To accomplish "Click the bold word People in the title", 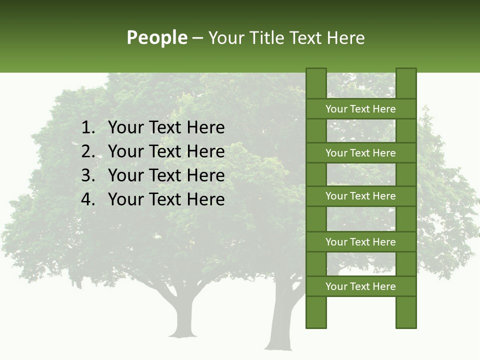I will pyautogui.click(x=156, y=38).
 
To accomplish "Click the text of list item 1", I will pyautogui.click(x=166, y=128).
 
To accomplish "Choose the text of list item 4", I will pyautogui.click(x=166, y=199).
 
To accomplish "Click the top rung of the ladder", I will pyautogui.click(x=360, y=109).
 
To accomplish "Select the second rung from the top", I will pyautogui.click(x=360, y=153).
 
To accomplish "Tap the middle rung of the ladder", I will pyautogui.click(x=360, y=196).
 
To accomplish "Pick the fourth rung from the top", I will pyautogui.click(x=360, y=242).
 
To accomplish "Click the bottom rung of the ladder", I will pyautogui.click(x=360, y=286).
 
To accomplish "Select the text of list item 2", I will pyautogui.click(x=166, y=151).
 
